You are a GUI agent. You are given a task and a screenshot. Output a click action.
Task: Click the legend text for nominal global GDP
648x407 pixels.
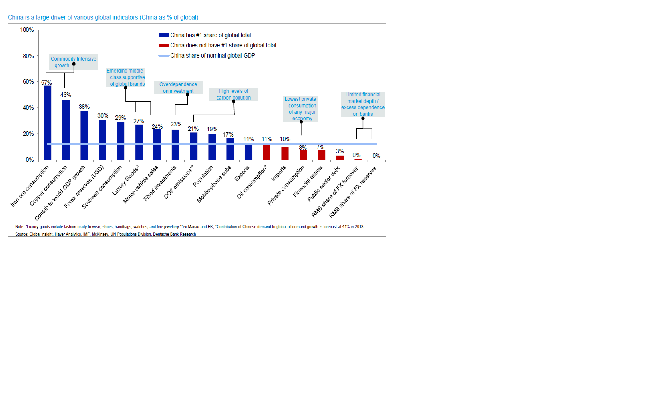coord(212,55)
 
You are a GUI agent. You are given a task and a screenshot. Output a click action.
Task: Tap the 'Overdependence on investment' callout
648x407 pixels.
coord(178,88)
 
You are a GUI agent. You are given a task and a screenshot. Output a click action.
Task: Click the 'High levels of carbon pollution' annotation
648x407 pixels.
coord(233,94)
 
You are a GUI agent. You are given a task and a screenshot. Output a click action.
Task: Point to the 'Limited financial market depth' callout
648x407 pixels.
coord(363,104)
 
